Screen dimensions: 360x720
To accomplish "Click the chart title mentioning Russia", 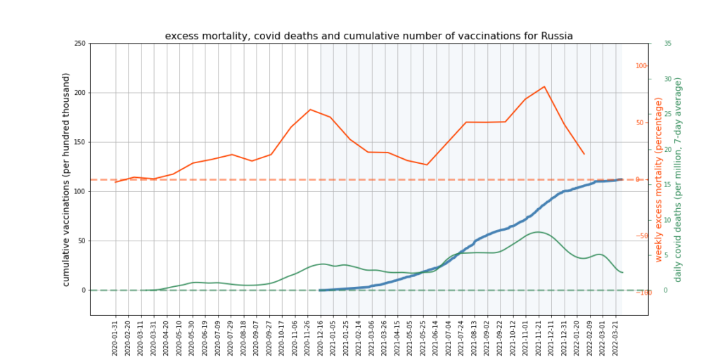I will [368, 36].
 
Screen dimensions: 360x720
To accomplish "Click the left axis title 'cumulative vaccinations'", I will [66, 179].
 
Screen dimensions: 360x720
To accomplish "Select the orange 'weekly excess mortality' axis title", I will [659, 180].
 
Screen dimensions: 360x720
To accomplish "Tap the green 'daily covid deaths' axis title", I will [678, 180].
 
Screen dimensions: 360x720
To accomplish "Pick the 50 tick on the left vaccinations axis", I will [81, 240].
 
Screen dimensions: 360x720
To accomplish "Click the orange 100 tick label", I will [641, 66].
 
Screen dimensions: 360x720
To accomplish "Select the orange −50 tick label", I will [641, 236].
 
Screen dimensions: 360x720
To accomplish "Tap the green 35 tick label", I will [667, 44].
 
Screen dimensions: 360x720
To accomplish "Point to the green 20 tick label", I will [667, 149].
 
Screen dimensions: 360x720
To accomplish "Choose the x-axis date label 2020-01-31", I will [115, 336].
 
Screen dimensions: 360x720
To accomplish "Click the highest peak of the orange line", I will [544, 86].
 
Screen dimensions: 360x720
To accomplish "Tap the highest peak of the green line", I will [538, 232].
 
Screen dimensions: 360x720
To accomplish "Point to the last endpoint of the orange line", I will [584, 154].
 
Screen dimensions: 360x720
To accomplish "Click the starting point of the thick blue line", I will [321, 290].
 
